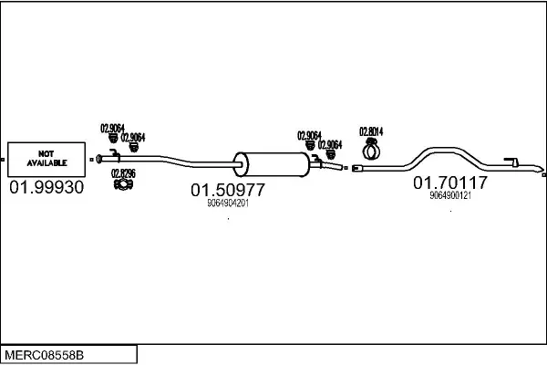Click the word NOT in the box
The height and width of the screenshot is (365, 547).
click(46, 153)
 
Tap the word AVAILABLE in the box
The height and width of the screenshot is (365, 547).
click(46, 162)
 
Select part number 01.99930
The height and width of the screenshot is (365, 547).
click(46, 187)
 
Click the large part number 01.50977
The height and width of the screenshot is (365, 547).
click(228, 190)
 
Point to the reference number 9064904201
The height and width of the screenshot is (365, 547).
click(228, 203)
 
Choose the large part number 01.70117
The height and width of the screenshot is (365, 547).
click(450, 182)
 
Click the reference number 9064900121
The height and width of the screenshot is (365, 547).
click(450, 195)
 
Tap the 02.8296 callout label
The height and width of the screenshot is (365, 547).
click(123, 173)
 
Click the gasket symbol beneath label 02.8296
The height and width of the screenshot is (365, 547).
click(123, 184)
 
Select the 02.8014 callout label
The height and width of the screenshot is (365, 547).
click(371, 131)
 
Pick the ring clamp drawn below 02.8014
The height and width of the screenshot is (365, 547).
click(372, 150)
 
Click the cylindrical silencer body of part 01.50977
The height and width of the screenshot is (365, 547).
click(272, 164)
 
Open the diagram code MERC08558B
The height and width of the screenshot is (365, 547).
click(45, 355)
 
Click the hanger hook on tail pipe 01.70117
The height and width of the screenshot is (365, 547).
click(511, 162)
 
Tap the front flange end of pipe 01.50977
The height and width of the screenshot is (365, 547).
click(98, 160)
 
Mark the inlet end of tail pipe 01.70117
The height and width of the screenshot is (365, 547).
click(356, 168)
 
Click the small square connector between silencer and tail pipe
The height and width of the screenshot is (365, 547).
click(346, 168)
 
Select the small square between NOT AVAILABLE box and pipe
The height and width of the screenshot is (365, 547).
click(91, 160)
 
